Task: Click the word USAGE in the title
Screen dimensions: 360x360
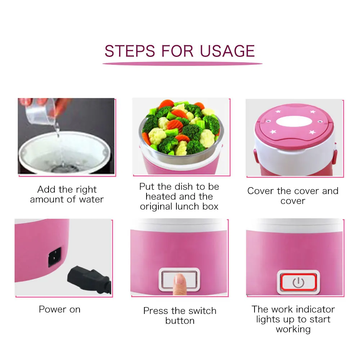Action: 227,51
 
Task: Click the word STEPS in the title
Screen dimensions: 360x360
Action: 130,51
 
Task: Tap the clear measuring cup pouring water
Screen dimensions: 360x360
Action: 41,112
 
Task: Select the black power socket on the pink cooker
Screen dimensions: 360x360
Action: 55,257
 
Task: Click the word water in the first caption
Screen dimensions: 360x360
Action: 91,199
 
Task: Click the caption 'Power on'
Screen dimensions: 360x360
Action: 60,309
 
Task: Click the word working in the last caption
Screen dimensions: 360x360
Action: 293,329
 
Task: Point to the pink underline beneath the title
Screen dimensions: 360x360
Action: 182,64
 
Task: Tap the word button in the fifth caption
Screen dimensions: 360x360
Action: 180,320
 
